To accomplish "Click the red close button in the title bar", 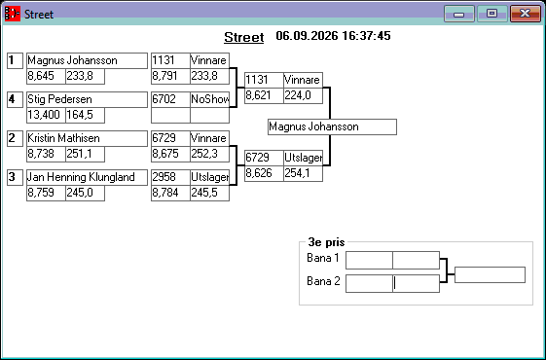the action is (x=526, y=14).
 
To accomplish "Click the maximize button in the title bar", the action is (x=491, y=14).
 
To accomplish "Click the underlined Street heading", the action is (x=243, y=37).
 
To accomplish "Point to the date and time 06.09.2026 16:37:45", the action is (x=333, y=35).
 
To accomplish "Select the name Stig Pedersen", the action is (x=59, y=99).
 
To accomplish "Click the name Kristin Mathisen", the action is (x=63, y=138).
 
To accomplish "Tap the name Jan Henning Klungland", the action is (x=81, y=177).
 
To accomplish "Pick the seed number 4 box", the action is (x=15, y=99).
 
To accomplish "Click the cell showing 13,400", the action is (x=46, y=115).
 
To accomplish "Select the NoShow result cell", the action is (x=209, y=99).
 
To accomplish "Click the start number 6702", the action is (x=170, y=99).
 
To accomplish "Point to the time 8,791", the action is (x=170, y=76).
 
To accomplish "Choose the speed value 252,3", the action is (x=209, y=154).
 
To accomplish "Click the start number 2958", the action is (x=170, y=177).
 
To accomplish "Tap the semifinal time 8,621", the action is (x=264, y=95).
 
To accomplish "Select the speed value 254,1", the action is (x=303, y=173).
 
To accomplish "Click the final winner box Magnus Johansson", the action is (x=332, y=126).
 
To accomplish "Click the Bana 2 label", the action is (x=323, y=281).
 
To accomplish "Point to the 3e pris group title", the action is (x=326, y=242).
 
